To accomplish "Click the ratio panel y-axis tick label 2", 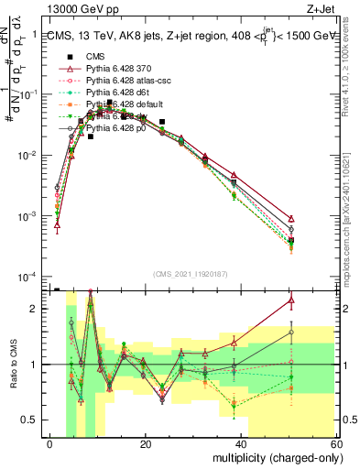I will click(x=38, y=309).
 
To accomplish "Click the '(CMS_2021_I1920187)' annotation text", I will click(x=191, y=274).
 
